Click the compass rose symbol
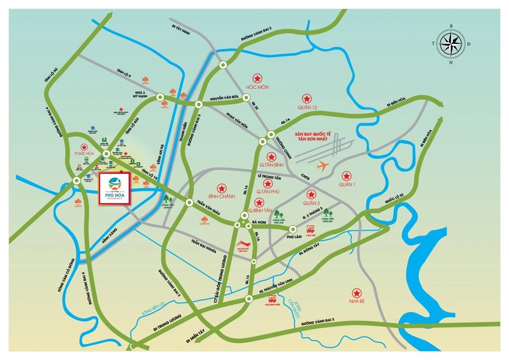pos(451,43)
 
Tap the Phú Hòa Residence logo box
pos(114,188)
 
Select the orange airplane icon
pos(324,165)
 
